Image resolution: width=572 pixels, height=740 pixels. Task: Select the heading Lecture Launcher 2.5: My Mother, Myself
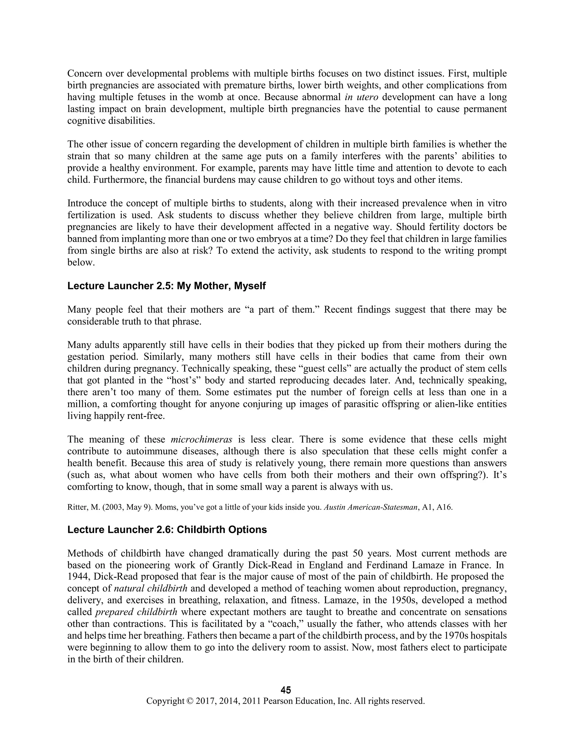pos(166,286)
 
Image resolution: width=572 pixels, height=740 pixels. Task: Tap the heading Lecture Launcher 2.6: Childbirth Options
pos(167,529)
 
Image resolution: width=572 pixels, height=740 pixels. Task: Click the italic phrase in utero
pos(361,97)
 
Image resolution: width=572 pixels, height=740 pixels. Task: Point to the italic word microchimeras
pos(201,440)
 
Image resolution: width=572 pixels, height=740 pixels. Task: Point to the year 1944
pos(78,576)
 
